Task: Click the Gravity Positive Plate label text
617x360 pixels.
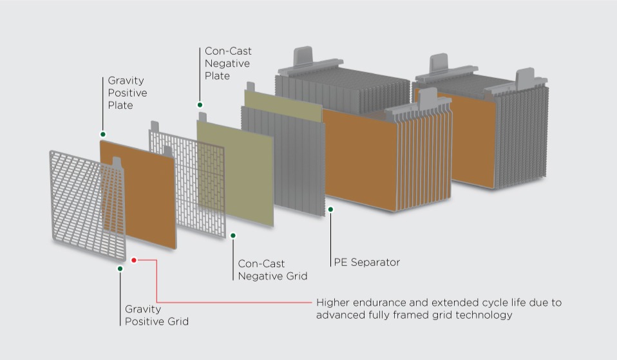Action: click(127, 93)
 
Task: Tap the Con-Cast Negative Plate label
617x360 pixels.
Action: click(227, 63)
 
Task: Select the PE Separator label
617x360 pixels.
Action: click(366, 262)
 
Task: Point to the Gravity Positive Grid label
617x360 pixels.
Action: click(157, 315)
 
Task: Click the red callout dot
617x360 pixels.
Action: click(134, 260)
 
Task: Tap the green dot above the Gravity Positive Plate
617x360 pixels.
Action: click(102, 134)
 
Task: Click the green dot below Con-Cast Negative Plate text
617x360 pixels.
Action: click(200, 104)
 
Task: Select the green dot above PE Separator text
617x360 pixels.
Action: click(330, 209)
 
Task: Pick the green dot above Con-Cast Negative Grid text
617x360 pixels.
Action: click(233, 236)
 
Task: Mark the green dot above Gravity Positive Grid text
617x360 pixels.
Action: click(120, 269)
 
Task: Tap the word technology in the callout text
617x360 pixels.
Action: click(485, 315)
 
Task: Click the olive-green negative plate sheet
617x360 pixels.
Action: click(235, 171)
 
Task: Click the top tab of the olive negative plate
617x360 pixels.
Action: click(202, 116)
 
